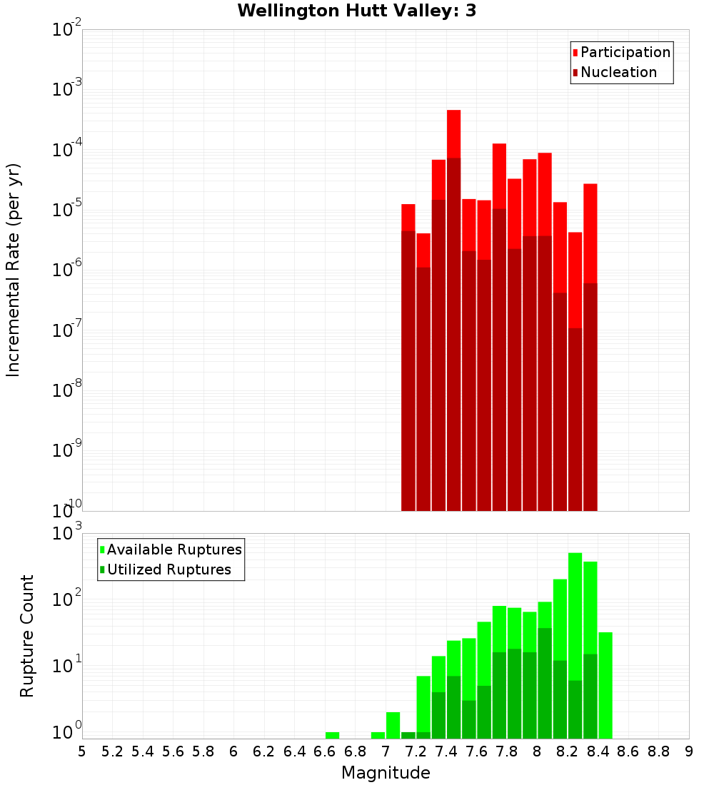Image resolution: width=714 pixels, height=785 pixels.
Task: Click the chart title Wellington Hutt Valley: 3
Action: (x=357, y=11)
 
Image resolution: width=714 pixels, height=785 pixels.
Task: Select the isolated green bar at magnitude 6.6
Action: (x=332, y=735)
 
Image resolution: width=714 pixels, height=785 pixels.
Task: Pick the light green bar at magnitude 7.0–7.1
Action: (x=393, y=724)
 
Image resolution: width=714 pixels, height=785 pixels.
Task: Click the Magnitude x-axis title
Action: (x=386, y=773)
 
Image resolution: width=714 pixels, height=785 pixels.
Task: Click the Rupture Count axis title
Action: (x=27, y=636)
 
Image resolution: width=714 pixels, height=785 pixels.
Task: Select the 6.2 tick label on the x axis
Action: (x=264, y=751)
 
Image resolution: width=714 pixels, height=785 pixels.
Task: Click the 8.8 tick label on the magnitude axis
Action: (x=658, y=751)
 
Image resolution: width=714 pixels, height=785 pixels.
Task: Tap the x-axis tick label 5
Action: (x=82, y=751)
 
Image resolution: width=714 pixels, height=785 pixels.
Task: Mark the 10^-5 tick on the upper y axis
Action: (x=67, y=210)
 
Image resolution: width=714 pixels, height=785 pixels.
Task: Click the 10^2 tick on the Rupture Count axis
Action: (x=67, y=599)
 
